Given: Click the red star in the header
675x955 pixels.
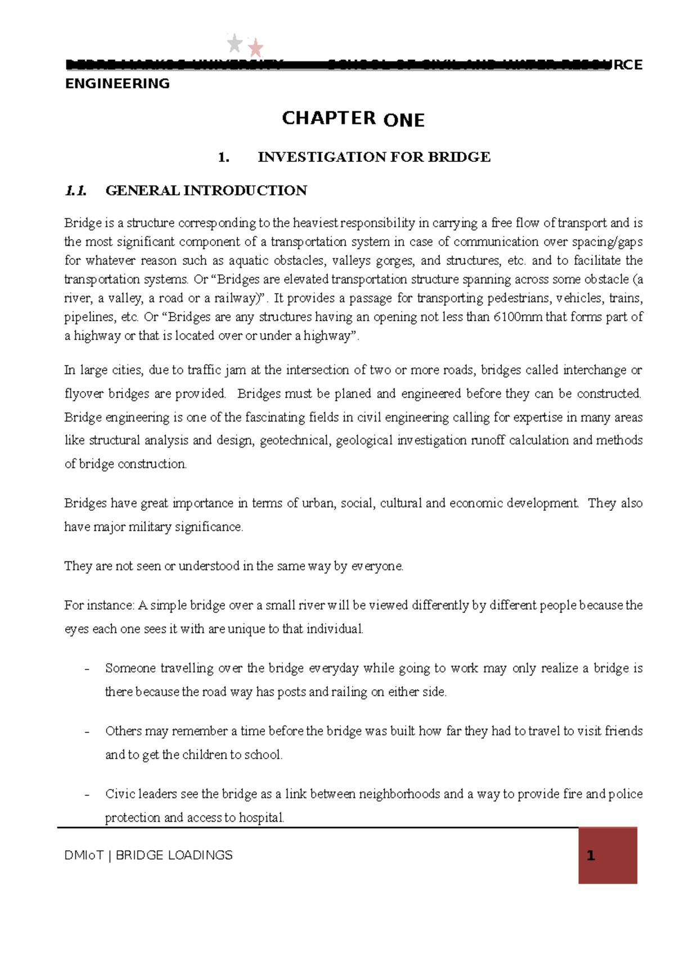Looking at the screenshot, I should click(256, 48).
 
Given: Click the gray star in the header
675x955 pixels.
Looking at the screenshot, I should click(235, 43).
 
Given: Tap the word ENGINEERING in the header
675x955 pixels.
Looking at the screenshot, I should click(118, 84).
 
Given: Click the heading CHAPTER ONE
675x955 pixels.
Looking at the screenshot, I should click(353, 119).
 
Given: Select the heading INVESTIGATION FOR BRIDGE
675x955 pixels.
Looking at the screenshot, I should click(373, 157).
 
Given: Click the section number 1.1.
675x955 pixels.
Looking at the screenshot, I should click(75, 191).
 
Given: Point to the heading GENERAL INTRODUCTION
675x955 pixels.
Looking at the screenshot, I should click(206, 191).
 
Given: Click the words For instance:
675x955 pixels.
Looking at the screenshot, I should click(99, 606).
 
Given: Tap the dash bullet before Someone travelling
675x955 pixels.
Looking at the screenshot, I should click(87, 669).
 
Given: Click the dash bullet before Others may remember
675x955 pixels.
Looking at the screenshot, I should click(87, 732).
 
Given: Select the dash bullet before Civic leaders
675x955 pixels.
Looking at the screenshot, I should click(87, 795).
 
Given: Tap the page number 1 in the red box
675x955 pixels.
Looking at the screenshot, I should click(591, 856).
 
